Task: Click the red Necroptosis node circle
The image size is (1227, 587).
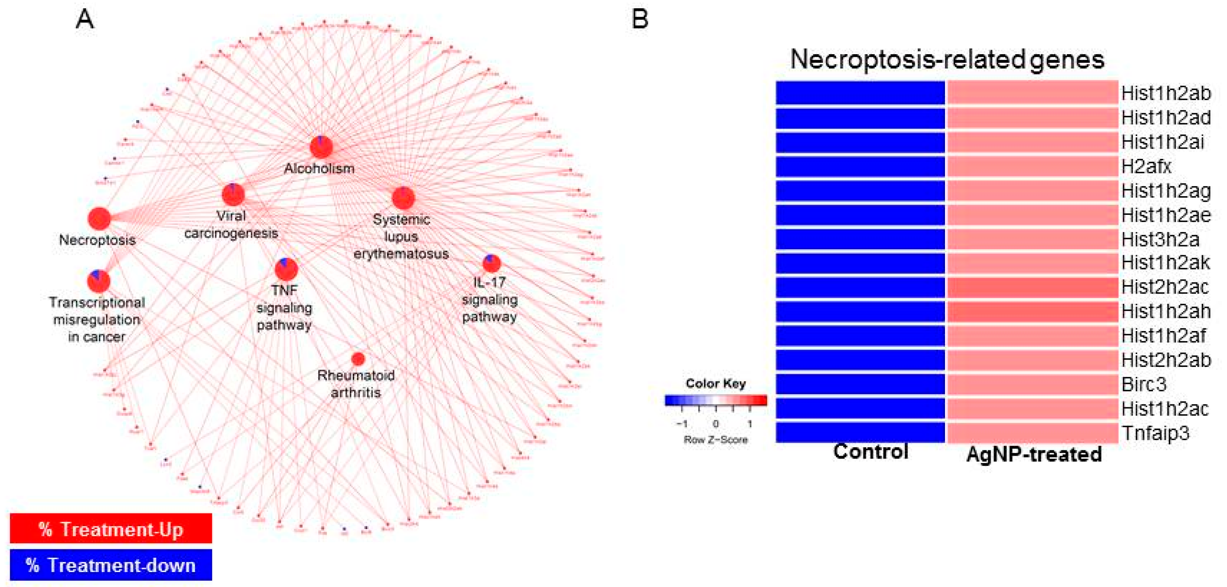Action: (99, 219)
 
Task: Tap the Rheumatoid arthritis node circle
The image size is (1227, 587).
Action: (358, 358)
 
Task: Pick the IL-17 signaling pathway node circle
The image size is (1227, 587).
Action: (491, 263)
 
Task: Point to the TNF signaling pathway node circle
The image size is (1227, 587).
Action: (286, 269)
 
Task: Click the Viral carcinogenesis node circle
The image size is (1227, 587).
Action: (233, 194)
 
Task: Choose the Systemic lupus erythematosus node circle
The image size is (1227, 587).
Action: (403, 198)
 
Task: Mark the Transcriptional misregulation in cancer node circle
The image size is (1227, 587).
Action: (99, 281)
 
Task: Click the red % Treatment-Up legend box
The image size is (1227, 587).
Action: (110, 528)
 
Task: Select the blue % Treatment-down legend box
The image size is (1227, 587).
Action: (110, 565)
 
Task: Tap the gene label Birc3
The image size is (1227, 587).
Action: (1144, 384)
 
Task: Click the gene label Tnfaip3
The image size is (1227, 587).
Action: (1155, 433)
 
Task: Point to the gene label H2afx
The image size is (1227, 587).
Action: (1146, 166)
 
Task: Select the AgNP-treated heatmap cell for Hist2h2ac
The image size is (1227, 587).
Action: (1032, 287)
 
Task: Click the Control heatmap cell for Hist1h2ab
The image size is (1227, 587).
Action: (860, 93)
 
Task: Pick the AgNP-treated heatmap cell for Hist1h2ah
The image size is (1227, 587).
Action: (1032, 311)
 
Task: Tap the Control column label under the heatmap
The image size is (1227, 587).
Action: (870, 451)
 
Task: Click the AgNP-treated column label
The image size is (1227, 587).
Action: (1034, 454)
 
